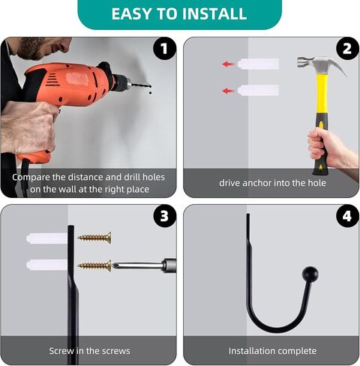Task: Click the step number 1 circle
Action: point(164,48)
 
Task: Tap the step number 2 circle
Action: point(347,48)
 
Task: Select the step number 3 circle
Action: point(164,216)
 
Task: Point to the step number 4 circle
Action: point(347,216)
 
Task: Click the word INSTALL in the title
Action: point(214,14)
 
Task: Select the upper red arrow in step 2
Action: point(228,64)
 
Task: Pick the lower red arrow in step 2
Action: point(228,91)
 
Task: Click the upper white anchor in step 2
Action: point(258,64)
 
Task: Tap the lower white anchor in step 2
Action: point(258,90)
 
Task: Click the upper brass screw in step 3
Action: point(94,238)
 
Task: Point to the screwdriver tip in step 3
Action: point(113,265)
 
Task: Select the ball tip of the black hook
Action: point(310,274)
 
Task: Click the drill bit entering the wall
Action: point(141,85)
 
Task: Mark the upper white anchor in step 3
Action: point(46,238)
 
